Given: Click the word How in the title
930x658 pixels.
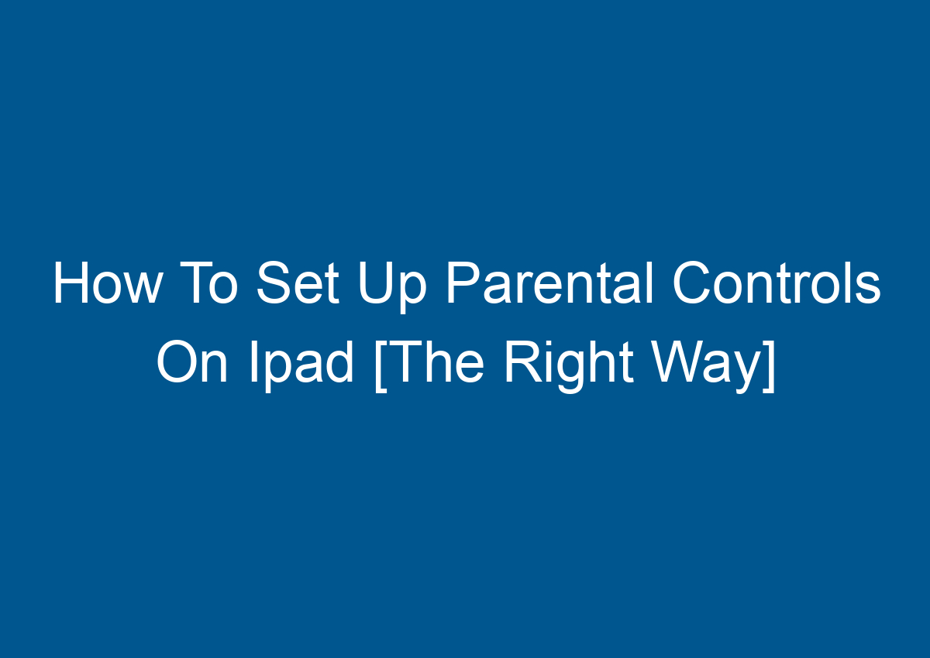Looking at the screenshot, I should coord(107,285).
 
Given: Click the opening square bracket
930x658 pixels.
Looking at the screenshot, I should coord(380,365).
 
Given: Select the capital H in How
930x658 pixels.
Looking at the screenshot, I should coord(71,285).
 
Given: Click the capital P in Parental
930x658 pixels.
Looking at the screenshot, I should coord(462,285).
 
